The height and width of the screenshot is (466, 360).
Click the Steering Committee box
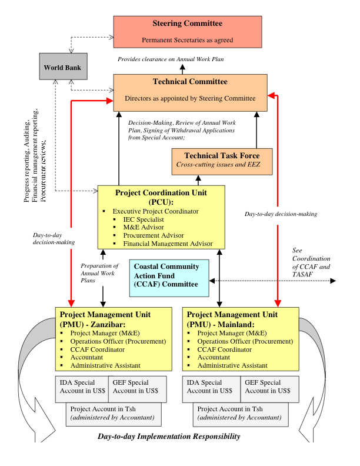[x=187, y=31]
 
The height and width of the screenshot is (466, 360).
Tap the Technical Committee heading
[x=190, y=82]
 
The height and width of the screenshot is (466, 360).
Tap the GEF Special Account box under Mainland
[x=268, y=387]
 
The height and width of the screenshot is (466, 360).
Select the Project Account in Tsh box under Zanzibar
[x=113, y=413]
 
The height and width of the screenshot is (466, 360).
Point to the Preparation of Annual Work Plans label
[x=99, y=273]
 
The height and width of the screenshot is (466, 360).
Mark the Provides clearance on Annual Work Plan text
[x=171, y=59]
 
